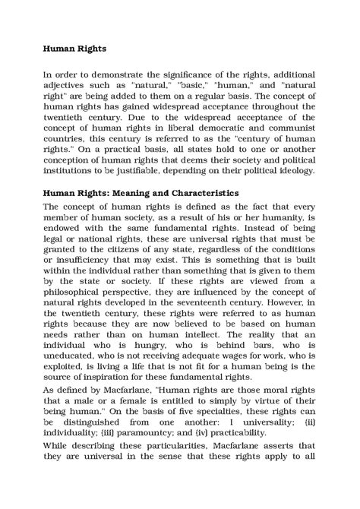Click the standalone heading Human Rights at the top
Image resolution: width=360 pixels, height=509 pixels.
[x=74, y=47]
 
